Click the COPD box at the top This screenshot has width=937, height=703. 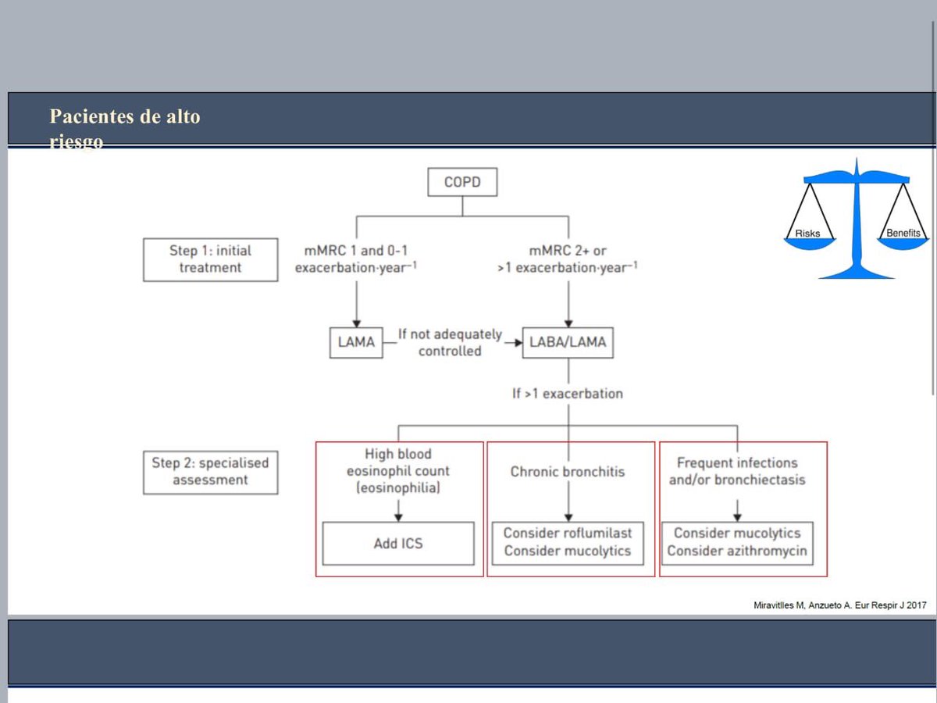[462, 184]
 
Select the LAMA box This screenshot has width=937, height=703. [356, 342]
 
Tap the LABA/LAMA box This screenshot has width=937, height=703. [568, 342]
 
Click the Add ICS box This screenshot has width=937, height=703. [398, 542]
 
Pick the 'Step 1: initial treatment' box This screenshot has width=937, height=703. [210, 259]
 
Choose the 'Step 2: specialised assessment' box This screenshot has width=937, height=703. [210, 471]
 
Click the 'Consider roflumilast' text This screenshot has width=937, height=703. [568, 533]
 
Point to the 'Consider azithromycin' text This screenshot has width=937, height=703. [736, 551]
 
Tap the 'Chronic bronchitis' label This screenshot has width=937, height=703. [568, 472]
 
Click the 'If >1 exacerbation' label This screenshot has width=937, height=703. [568, 394]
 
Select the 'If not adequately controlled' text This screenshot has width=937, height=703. [451, 343]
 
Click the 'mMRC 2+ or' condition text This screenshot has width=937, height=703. [568, 251]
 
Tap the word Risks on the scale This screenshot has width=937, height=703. [807, 234]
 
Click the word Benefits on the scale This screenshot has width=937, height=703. [903, 233]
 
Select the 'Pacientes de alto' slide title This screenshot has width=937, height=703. [125, 117]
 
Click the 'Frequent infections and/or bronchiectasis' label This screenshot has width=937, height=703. [736, 471]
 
